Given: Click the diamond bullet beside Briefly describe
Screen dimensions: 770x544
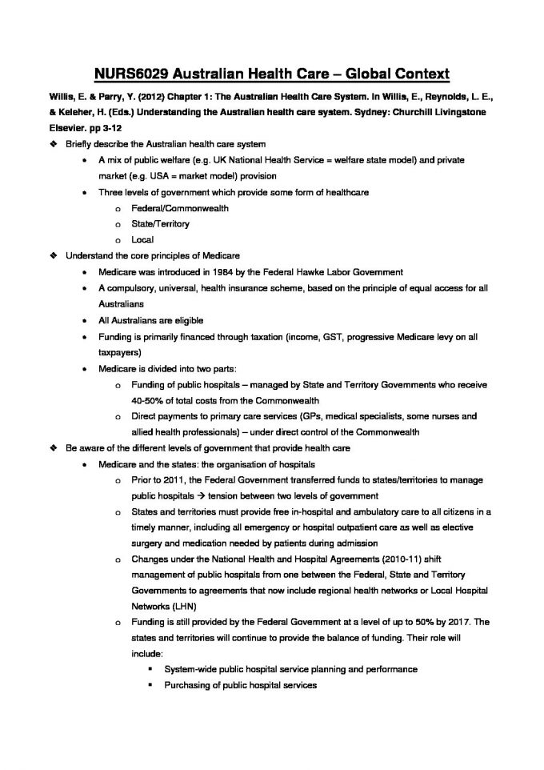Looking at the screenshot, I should tap(54, 144).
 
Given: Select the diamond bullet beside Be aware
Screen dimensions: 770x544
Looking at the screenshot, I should tap(54, 448).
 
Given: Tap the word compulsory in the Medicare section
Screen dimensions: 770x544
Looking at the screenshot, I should tap(130, 288).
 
